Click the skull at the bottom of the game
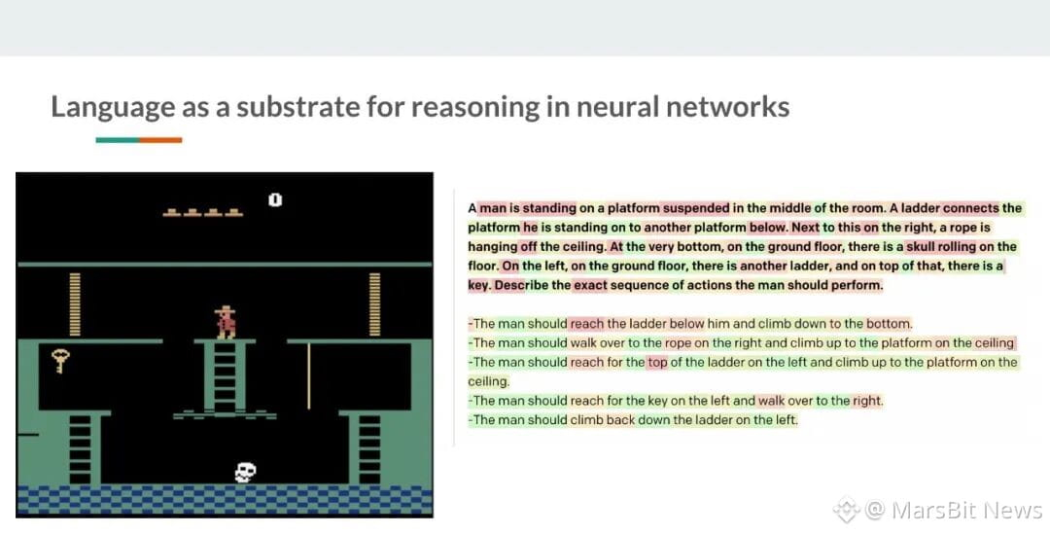(245, 472)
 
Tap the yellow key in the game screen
(60, 361)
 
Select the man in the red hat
(225, 322)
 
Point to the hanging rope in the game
(308, 375)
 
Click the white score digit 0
(274, 199)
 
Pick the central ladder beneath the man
(225, 377)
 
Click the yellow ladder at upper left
(75, 304)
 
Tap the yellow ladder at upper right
(374, 304)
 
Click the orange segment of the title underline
(160, 140)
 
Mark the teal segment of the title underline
(118, 140)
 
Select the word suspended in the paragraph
(696, 208)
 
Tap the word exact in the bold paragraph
(590, 285)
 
